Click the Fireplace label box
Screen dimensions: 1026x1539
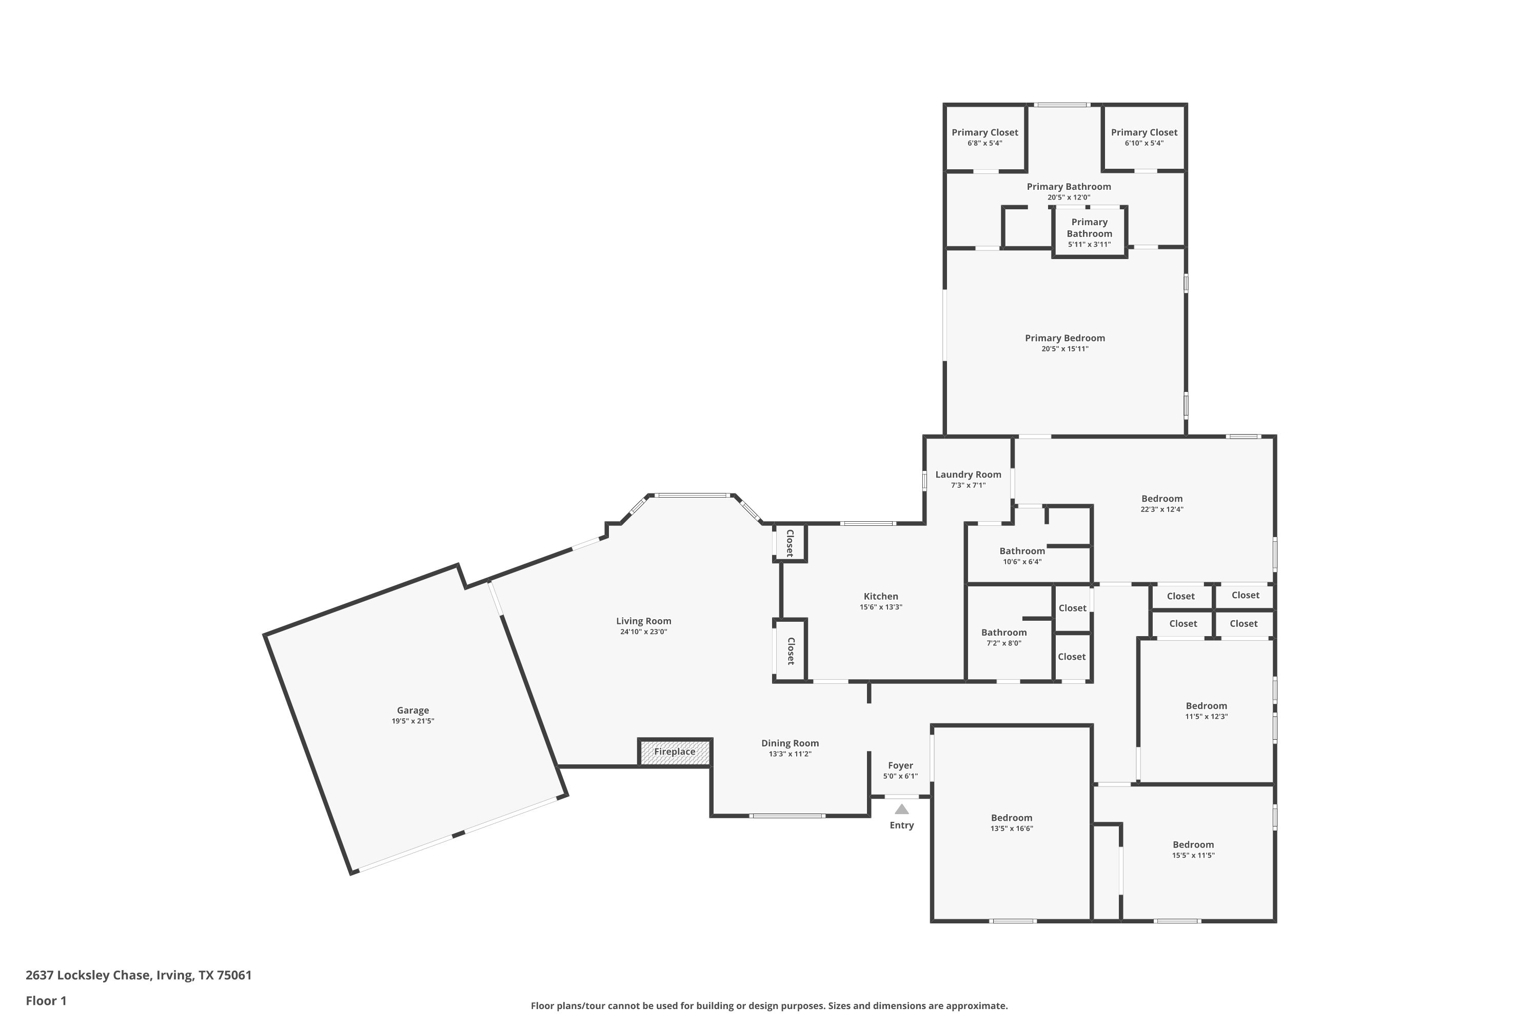675,752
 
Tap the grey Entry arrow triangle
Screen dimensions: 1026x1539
902,810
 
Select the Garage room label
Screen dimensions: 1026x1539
413,710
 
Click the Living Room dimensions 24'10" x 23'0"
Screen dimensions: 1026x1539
643,632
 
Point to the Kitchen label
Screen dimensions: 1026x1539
881,596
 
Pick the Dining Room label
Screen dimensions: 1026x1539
790,743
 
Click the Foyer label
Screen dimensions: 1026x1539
900,765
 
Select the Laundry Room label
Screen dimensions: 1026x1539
968,475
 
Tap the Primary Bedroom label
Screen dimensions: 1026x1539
1064,338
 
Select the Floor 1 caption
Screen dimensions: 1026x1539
46,1000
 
